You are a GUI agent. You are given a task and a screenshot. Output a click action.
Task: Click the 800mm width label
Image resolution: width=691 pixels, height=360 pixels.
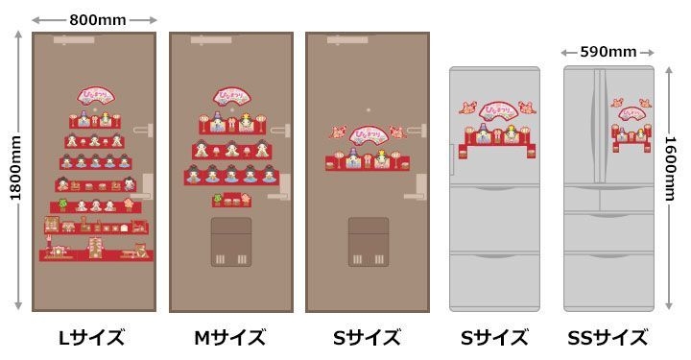[x=94, y=18]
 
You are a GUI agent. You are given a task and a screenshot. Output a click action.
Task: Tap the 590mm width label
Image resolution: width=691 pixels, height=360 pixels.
[x=608, y=52]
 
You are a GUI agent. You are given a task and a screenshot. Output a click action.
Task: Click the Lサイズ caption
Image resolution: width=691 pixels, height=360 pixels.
[x=92, y=337]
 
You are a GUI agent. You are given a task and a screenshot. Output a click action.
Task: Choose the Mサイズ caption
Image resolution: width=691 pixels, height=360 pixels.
[x=230, y=337]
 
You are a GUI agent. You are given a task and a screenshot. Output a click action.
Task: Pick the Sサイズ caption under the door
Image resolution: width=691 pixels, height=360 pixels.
[x=368, y=337]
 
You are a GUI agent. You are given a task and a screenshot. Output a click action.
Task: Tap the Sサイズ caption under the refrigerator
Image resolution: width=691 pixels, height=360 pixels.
[x=494, y=337]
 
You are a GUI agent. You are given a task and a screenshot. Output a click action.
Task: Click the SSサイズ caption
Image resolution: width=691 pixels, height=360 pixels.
[x=608, y=337]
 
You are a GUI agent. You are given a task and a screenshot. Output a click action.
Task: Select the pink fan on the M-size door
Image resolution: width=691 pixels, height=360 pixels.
[x=230, y=97]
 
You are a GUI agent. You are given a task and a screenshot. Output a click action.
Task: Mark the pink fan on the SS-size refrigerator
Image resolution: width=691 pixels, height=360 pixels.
[x=631, y=112]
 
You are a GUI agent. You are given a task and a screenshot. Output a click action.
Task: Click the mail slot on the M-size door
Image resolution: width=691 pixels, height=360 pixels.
[x=230, y=242]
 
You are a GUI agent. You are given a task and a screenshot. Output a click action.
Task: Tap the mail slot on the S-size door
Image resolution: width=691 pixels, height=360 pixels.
[x=368, y=242]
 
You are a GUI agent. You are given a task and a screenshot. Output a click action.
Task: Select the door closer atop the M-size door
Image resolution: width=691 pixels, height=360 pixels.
[x=210, y=41]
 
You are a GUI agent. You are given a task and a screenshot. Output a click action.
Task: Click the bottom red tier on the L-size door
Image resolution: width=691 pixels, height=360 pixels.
[x=95, y=254]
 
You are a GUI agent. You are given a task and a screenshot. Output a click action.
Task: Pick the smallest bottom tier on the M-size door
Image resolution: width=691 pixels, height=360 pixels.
[x=231, y=201]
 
